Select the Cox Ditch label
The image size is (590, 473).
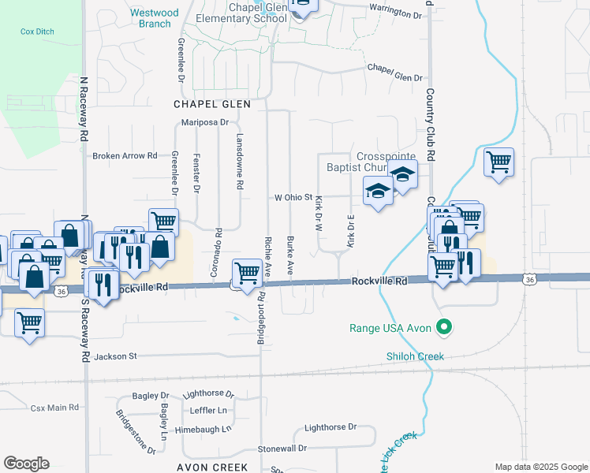click(37, 31)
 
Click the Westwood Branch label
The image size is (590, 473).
click(154, 18)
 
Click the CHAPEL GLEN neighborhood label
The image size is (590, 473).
click(212, 104)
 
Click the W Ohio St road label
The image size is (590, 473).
click(293, 198)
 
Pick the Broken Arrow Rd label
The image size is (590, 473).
click(125, 156)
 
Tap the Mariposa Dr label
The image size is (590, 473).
click(204, 122)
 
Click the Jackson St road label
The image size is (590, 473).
click(115, 356)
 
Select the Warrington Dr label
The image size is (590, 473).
click(395, 13)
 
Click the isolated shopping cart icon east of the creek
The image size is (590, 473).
click(499, 163)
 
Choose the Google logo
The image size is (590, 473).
click(26, 464)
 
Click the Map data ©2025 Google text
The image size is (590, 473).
click(540, 467)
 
